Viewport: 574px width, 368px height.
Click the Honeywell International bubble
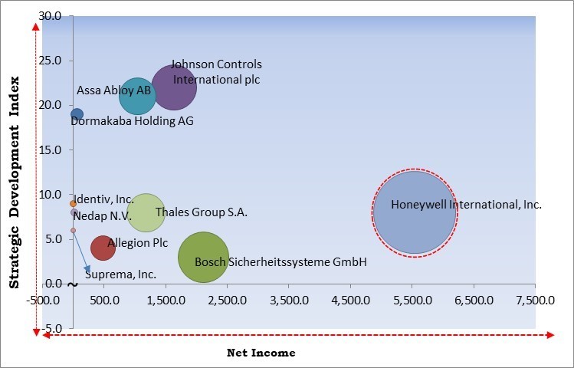click(x=414, y=212)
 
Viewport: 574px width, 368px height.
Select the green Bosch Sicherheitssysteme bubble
click(x=203, y=258)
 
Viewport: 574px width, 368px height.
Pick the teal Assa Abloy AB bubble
click(x=138, y=95)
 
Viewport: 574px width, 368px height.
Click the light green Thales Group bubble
click(x=146, y=212)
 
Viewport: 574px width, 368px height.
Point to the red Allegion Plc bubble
click(x=103, y=248)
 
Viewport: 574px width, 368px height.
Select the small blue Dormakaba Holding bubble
click(x=77, y=115)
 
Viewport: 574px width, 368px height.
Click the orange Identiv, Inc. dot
click(x=74, y=204)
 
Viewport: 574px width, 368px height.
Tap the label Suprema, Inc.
click(x=121, y=274)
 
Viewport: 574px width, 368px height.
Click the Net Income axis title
click(x=261, y=353)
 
